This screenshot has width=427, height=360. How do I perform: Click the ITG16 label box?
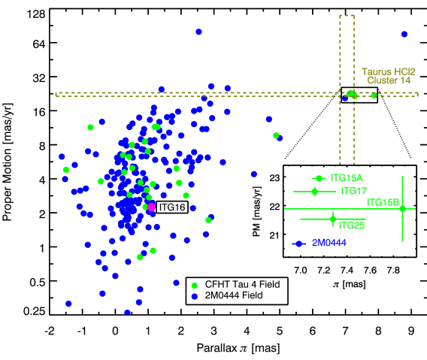172,207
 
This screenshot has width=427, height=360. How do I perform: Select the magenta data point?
151,207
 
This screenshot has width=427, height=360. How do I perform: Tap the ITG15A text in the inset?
347,178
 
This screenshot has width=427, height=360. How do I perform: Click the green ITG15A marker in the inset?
319,178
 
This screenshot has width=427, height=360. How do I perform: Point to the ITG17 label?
353,191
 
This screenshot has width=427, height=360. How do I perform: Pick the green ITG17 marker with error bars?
315,192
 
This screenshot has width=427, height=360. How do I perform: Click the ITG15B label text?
383,202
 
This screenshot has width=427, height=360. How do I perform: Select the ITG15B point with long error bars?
403,209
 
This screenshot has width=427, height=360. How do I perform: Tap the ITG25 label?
352,225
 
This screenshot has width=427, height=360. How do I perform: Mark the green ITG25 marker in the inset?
333,219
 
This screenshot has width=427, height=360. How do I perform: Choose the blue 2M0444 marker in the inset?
298,244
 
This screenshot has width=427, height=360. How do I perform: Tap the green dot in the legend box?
195,286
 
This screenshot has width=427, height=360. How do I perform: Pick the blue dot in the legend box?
195,296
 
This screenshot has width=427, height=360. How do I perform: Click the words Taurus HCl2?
388,71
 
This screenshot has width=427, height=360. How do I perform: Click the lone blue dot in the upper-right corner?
404,34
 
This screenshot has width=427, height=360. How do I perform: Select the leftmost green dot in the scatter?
66,169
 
